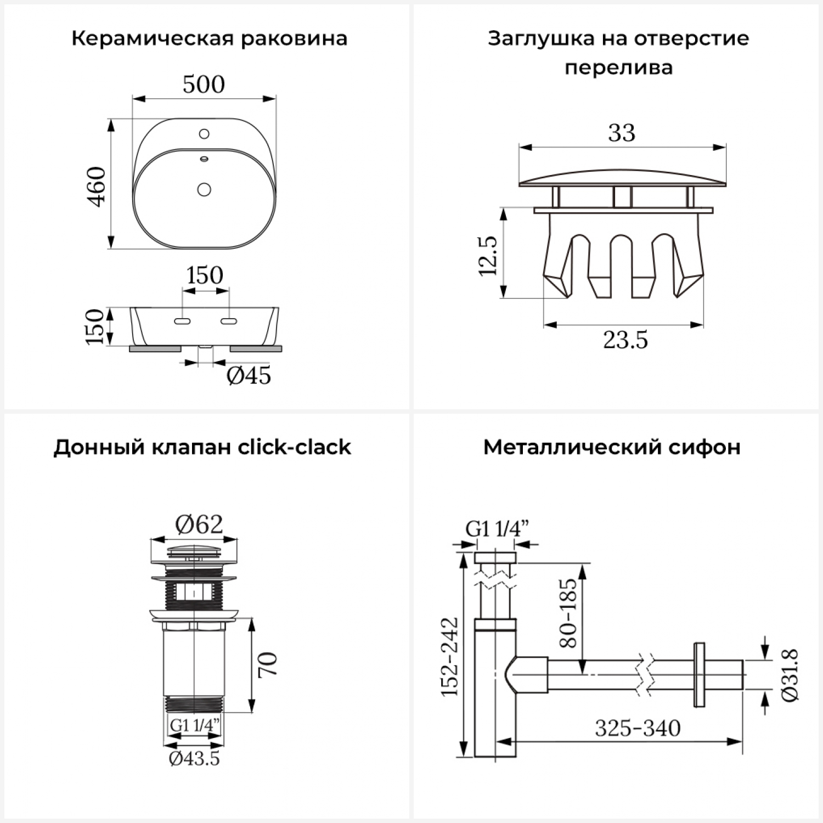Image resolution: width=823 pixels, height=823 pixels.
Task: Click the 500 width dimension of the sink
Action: click(x=204, y=84)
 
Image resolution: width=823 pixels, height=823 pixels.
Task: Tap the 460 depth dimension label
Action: click(x=97, y=187)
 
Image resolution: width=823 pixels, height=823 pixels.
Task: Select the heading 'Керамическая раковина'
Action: click(x=209, y=39)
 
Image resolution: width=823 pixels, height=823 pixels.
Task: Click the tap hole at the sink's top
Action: click(x=204, y=133)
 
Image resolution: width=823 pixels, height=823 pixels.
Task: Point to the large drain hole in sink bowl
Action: click(x=204, y=189)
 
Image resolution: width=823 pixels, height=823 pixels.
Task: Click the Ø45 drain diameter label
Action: click(x=249, y=376)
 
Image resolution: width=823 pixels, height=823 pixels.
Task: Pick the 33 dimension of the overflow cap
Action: click(x=622, y=133)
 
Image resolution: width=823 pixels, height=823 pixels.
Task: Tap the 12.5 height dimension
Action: click(x=488, y=256)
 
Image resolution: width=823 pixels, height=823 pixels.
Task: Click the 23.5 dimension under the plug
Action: click(x=625, y=340)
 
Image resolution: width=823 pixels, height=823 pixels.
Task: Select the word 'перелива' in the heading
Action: click(x=618, y=68)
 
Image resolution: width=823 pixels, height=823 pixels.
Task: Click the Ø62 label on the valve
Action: click(x=199, y=525)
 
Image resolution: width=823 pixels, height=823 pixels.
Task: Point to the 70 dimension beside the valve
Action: click(x=269, y=664)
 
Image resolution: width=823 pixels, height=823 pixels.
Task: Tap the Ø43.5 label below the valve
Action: click(x=194, y=758)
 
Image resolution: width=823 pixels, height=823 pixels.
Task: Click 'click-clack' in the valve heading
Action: click(x=294, y=447)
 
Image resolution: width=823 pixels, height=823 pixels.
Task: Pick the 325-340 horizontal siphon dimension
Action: click(x=638, y=729)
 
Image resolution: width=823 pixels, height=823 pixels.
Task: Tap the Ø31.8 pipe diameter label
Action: click(x=790, y=674)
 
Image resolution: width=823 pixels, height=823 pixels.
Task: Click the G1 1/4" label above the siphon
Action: click(x=497, y=528)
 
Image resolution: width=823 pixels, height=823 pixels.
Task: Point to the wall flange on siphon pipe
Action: click(x=699, y=675)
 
